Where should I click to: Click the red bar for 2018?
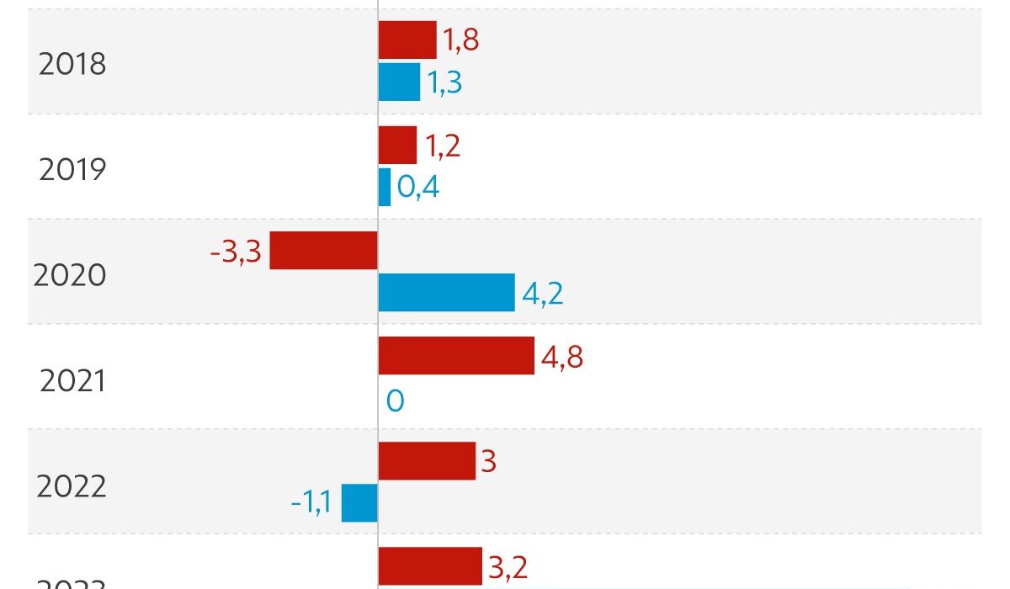pyautogui.click(x=407, y=40)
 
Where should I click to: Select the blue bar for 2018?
pyautogui.click(x=399, y=82)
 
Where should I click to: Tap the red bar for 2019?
pyautogui.click(x=397, y=145)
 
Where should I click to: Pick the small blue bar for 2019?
pyautogui.click(x=385, y=187)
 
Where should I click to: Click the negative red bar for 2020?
pyautogui.click(x=323, y=250)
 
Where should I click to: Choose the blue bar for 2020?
pyautogui.click(x=446, y=292)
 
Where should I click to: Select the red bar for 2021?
pyautogui.click(x=456, y=355)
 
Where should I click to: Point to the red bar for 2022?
pyautogui.click(x=427, y=460)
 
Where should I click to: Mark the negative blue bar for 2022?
pyautogui.click(x=359, y=502)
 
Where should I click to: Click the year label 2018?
pyautogui.click(x=72, y=64)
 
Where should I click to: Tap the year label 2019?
pyautogui.click(x=72, y=170)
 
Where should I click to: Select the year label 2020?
pyautogui.click(x=70, y=275)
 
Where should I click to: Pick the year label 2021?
pyautogui.click(x=72, y=380)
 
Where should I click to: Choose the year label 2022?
pyautogui.click(x=72, y=486)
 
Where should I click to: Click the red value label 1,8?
pyautogui.click(x=461, y=40)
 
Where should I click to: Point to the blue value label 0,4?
pyautogui.click(x=418, y=187)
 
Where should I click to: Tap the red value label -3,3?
pyautogui.click(x=236, y=251)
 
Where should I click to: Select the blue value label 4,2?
pyautogui.click(x=542, y=293)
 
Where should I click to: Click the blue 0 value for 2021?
pyautogui.click(x=395, y=401)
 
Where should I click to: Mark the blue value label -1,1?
pyautogui.click(x=311, y=503)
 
